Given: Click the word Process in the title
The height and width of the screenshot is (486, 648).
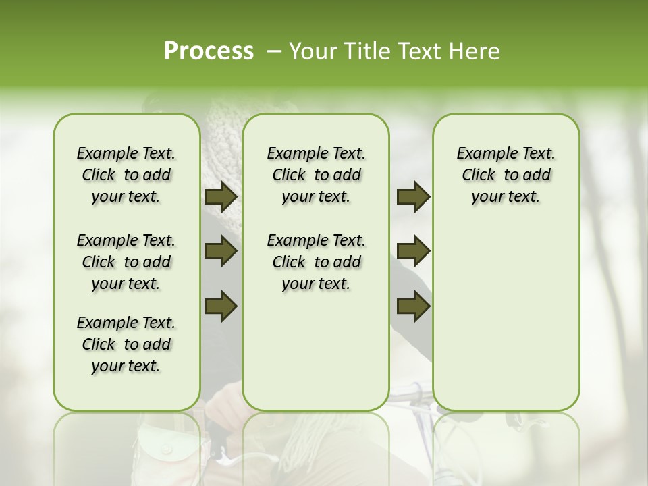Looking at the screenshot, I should click(x=209, y=51).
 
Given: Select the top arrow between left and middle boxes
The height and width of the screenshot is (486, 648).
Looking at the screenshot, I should click(x=221, y=196).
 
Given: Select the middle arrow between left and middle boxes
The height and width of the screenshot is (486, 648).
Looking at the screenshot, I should click(x=221, y=251).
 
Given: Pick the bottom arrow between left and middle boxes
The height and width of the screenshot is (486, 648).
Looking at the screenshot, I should click(x=221, y=306).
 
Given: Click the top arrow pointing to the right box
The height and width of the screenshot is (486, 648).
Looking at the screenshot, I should click(x=414, y=196).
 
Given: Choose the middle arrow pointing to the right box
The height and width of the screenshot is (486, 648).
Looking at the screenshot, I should click(x=414, y=251).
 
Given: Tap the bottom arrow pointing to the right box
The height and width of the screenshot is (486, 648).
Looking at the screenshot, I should click(x=414, y=306).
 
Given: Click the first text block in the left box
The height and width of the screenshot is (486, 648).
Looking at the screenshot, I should click(x=126, y=175).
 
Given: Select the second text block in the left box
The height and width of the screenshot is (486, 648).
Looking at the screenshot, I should click(x=126, y=262).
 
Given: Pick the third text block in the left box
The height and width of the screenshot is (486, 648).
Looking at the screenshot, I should click(x=126, y=344).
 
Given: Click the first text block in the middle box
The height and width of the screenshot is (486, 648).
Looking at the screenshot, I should click(x=316, y=175).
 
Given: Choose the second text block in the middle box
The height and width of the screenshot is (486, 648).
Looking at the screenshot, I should click(x=316, y=262).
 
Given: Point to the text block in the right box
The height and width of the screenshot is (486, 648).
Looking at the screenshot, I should click(x=506, y=175).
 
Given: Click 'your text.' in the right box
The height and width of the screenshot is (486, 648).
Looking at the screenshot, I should click(x=506, y=196).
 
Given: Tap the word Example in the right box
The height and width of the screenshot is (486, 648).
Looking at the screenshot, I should click(x=482, y=153).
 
